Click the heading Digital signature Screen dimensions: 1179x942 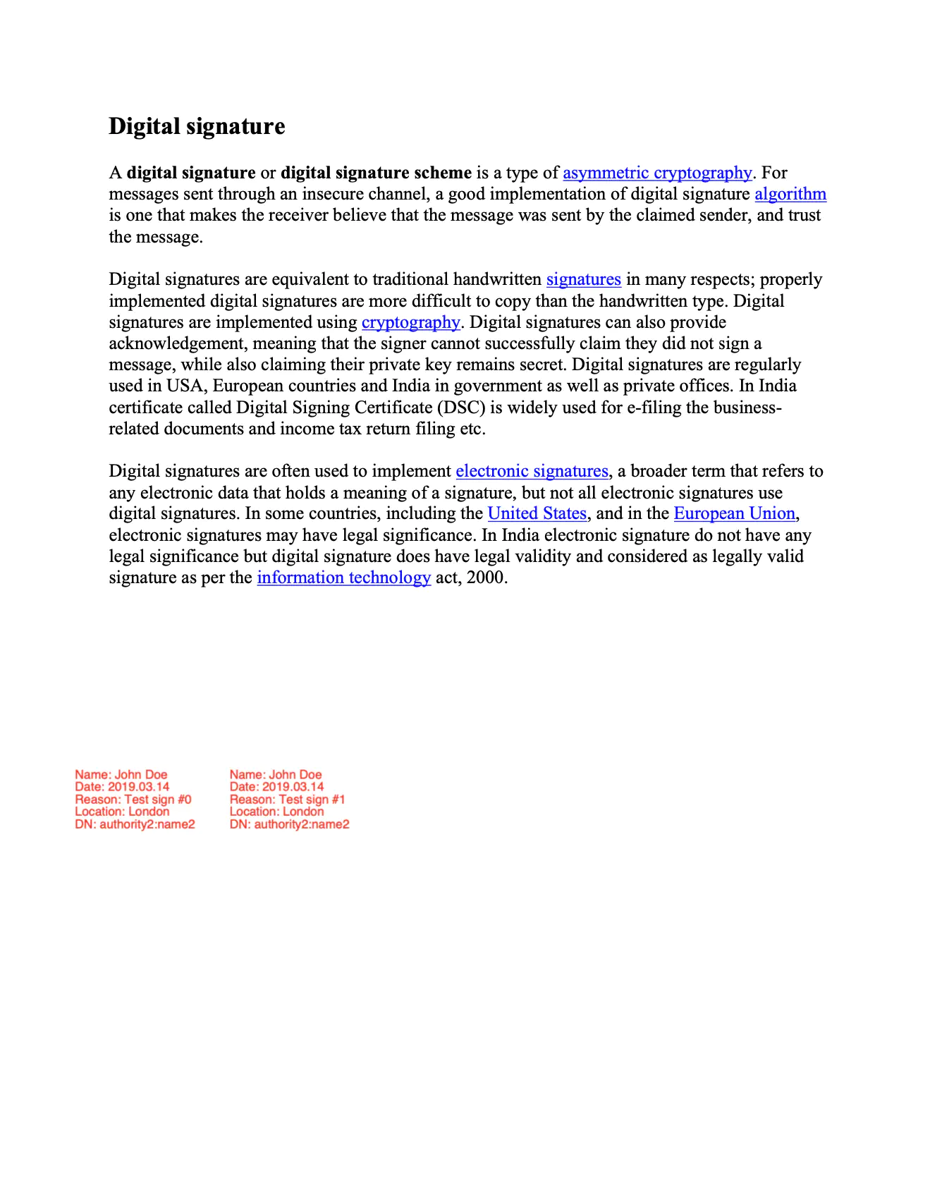pyautogui.click(x=197, y=126)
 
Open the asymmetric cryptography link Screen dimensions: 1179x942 pyautogui.click(x=657, y=173)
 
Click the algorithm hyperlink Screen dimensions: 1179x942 pyautogui.click(x=790, y=194)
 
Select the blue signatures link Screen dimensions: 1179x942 pyautogui.click(x=583, y=280)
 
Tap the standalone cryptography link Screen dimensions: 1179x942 pyautogui.click(x=410, y=322)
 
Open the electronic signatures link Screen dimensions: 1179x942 pyautogui.click(x=532, y=471)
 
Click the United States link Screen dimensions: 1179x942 pyautogui.click(x=537, y=513)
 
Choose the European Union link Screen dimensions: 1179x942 pyautogui.click(x=734, y=513)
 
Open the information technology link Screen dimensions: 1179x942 pyautogui.click(x=343, y=578)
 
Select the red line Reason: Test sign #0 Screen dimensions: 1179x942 pyautogui.click(x=133, y=800)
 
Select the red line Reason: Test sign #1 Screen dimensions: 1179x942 pyautogui.click(x=288, y=800)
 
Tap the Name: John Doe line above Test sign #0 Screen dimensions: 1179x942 pyautogui.click(x=121, y=775)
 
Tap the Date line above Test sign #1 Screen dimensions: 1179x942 pyautogui.click(x=277, y=787)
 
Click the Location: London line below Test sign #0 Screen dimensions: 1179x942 pyautogui.click(x=122, y=812)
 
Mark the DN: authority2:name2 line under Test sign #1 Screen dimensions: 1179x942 pyautogui.click(x=289, y=824)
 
